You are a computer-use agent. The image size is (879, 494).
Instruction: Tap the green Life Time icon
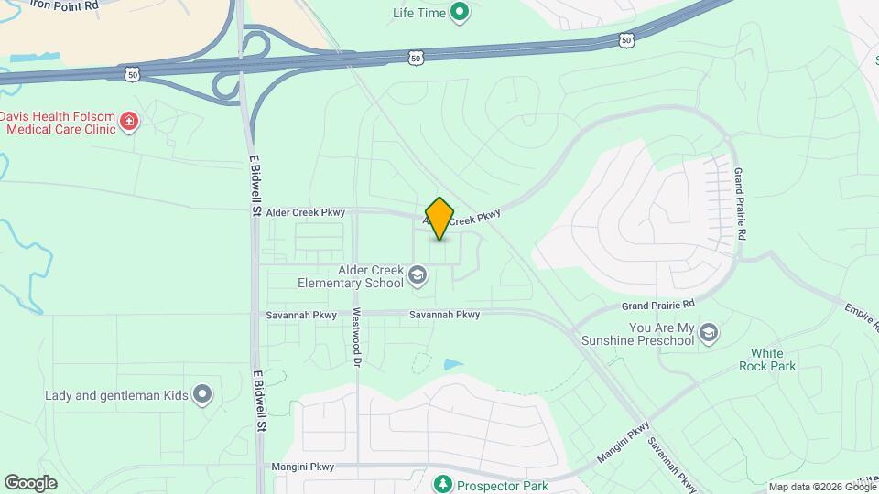click(x=461, y=13)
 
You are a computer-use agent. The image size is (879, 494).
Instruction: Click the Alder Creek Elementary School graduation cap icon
click(x=418, y=275)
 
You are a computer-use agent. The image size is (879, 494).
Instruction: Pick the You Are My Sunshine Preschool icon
click(x=708, y=334)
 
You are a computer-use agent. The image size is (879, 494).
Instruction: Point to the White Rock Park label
click(x=767, y=360)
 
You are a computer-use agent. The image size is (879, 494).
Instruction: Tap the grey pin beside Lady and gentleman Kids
click(x=202, y=395)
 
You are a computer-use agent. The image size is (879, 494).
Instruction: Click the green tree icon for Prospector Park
click(x=443, y=482)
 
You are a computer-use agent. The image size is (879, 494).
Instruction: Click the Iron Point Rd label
click(x=63, y=5)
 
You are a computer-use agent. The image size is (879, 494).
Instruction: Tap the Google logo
click(x=30, y=483)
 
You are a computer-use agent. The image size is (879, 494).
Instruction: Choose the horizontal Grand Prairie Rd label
click(x=658, y=303)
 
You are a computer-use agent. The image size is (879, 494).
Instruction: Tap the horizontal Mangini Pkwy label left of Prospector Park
click(x=303, y=467)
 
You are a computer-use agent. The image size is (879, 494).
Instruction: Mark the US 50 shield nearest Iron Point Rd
click(x=134, y=73)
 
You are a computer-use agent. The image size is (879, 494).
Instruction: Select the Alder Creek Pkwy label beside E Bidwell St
click(x=306, y=212)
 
